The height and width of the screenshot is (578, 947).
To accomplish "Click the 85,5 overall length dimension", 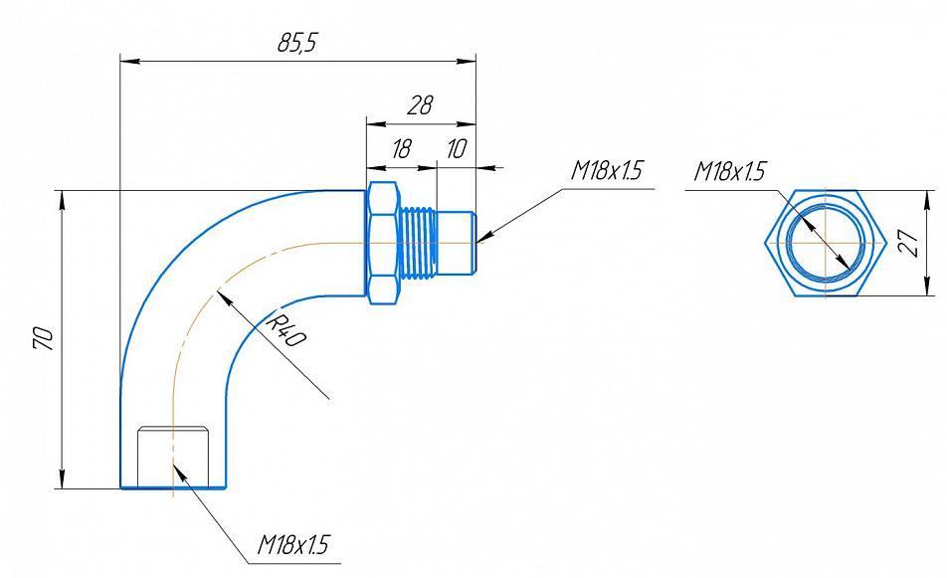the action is tap(297, 44).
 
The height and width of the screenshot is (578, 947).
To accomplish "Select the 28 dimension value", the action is tap(420, 105).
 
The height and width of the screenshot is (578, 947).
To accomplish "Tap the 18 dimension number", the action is tap(401, 148).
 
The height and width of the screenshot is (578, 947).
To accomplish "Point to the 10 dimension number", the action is tap(456, 148).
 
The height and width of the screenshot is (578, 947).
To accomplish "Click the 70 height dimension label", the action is tap(44, 339).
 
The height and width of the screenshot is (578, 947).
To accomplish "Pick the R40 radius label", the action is tap(285, 329).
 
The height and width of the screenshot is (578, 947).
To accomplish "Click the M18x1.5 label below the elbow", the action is tap(293, 544).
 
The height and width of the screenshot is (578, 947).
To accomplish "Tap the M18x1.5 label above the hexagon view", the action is tap(729, 171).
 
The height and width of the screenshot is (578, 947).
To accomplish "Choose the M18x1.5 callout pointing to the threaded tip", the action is tap(607, 171).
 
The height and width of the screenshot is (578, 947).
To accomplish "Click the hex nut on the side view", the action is tap(383, 242).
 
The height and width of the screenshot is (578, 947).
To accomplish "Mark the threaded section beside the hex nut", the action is tap(418, 242).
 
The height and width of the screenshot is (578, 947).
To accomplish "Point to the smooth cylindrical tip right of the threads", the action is tap(457, 242).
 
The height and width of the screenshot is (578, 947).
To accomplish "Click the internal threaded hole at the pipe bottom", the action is tap(173, 456).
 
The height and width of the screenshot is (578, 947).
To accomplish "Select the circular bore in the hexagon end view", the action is tap(825, 243).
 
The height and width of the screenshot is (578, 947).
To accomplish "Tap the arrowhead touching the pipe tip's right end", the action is tap(483, 238).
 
